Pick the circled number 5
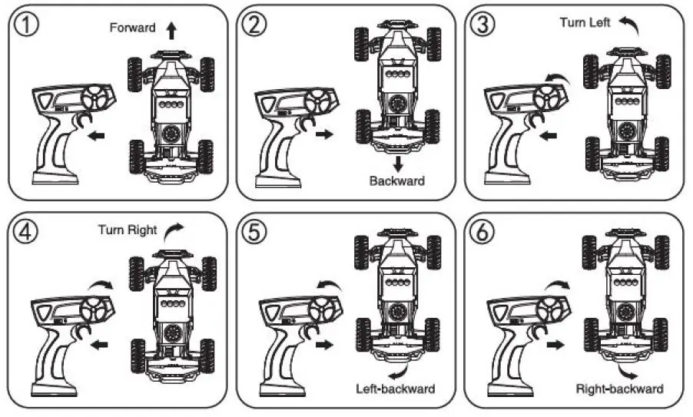254,233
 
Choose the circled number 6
482,233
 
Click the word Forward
132,28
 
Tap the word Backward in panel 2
396,181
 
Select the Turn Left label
585,23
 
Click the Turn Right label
128,230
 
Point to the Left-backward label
396,389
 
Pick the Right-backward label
619,389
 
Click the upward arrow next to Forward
171,29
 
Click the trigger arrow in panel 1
96,135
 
